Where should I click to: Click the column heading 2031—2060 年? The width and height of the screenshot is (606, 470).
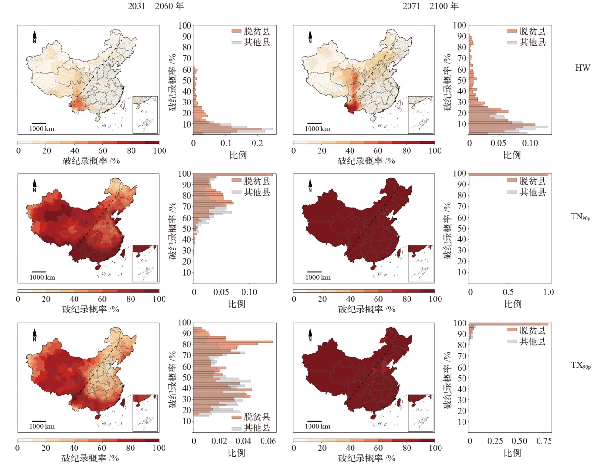155,6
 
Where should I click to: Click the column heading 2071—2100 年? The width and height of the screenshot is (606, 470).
430,6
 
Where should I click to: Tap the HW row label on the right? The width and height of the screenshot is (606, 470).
582,68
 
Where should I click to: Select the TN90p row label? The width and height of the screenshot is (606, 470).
580,217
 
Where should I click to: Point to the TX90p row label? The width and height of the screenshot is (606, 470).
580,365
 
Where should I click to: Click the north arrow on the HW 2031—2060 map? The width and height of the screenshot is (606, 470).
34,37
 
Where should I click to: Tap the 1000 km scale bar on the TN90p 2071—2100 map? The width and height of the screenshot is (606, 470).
314,272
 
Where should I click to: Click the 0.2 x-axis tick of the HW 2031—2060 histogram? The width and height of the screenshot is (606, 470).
257,143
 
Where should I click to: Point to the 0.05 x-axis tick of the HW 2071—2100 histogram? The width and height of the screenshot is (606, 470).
498,143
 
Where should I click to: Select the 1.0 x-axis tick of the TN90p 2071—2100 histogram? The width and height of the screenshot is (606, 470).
548,292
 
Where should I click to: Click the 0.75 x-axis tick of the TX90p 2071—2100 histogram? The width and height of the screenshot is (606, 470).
544,441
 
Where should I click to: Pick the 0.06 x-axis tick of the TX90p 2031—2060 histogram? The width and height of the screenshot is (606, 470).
268,441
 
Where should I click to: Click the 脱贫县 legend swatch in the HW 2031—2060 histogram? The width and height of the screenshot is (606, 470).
236,32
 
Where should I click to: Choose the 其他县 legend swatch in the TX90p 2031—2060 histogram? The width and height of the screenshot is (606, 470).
236,428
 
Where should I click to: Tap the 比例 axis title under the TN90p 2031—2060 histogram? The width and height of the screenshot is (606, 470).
236,304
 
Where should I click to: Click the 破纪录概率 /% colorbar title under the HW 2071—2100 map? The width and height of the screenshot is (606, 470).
366,161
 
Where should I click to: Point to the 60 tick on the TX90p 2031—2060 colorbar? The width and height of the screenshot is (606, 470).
102,448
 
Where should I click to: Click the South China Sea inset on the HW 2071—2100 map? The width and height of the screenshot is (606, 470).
420,115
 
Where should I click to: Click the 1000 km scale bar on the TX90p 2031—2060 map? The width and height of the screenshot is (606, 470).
39,421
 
